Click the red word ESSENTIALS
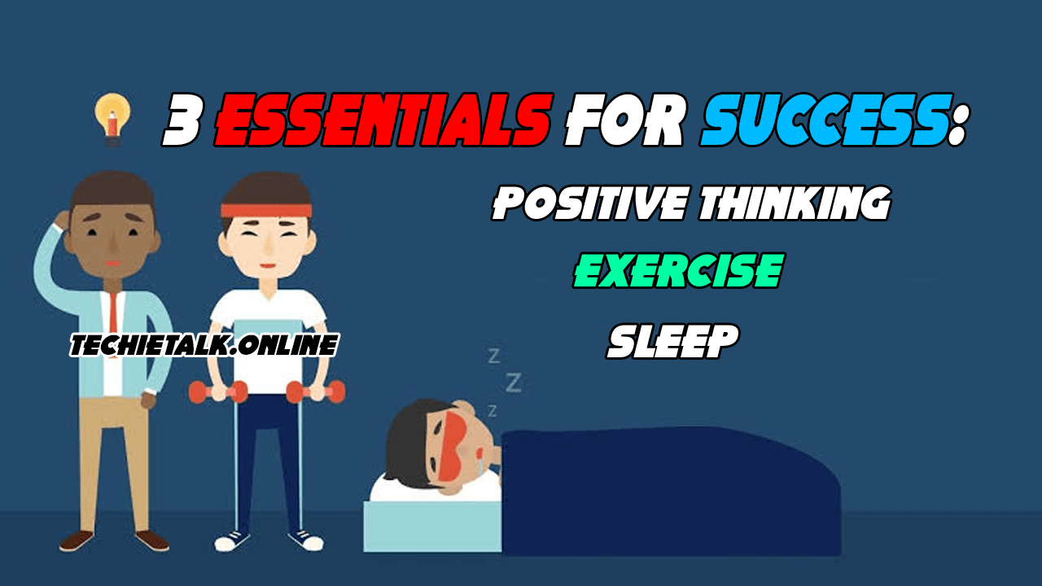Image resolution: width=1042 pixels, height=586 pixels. (x=383, y=120)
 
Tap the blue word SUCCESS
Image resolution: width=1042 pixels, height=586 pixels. (x=825, y=120)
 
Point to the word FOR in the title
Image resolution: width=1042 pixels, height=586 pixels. (x=624, y=120)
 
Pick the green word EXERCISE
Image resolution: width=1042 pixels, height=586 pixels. (x=679, y=271)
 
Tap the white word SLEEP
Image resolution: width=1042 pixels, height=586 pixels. (x=673, y=341)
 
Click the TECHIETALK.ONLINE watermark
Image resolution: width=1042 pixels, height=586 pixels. (x=204, y=345)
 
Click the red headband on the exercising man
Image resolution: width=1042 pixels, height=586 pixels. (x=266, y=210)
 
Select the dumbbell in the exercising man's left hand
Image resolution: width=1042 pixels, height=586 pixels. (x=316, y=392)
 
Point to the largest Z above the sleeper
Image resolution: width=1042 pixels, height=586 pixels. (x=514, y=383)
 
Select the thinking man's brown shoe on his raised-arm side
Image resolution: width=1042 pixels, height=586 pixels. (x=77, y=541)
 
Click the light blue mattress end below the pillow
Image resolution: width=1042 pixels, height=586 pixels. (x=432, y=527)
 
